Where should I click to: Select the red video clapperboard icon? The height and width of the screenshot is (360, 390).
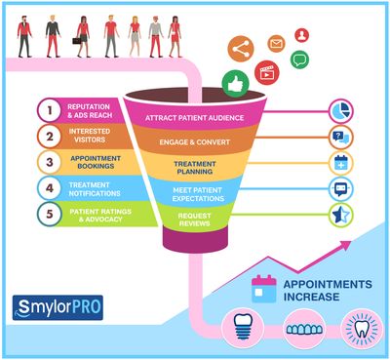tap(264, 72)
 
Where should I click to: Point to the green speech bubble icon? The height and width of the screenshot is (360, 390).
tap(298, 60)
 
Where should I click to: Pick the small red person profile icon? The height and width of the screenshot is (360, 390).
tap(302, 35)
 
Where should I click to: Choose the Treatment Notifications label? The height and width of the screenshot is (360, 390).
tap(100, 186)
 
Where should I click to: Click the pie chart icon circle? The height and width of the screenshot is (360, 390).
tap(341, 110)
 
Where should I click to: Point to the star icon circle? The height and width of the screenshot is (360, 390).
tap(341, 215)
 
